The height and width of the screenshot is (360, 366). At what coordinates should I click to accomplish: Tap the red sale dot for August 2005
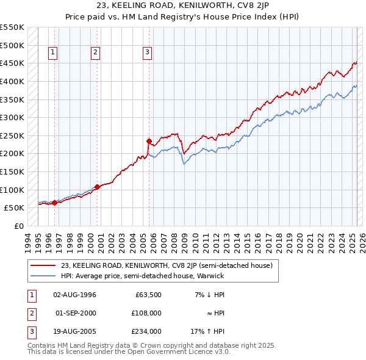149,141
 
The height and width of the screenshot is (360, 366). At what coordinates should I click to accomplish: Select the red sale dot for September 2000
97,187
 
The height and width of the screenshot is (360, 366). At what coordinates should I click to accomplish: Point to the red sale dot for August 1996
54,203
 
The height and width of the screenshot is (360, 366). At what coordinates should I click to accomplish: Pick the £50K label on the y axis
14,207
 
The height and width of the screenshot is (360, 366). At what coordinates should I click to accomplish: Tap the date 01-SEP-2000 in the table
76,313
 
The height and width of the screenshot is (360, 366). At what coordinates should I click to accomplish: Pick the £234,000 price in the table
147,331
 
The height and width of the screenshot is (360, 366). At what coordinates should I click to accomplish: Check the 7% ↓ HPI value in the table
211,295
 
